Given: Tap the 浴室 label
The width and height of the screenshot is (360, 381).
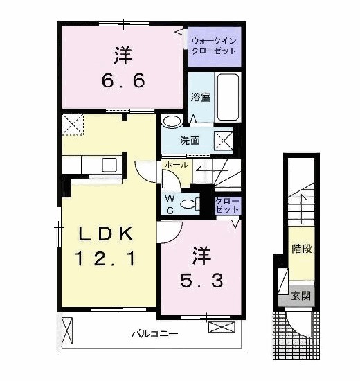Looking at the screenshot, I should [201, 98].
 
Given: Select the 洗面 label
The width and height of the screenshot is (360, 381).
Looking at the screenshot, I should [190, 141].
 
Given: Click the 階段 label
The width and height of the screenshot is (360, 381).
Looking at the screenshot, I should [300, 247].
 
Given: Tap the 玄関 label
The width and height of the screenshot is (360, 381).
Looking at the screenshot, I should [300, 296].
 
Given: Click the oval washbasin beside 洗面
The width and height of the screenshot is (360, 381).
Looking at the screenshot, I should [171, 122].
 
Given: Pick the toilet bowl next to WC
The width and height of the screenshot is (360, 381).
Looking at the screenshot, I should [188, 204].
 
